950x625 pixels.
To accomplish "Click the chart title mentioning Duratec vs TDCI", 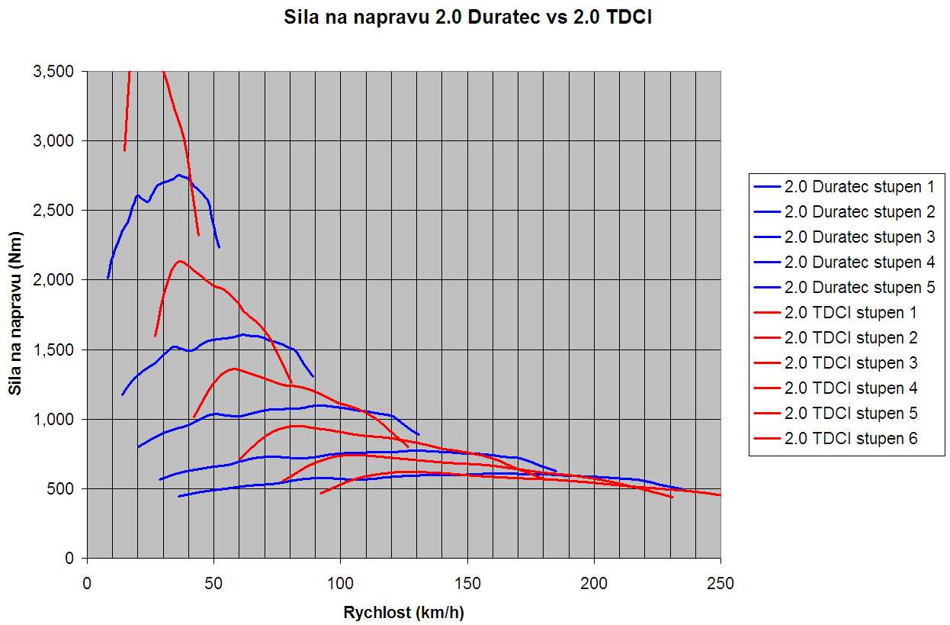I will [467, 18].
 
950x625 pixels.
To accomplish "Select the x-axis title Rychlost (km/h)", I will [403, 612].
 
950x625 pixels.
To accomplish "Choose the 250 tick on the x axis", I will [721, 584].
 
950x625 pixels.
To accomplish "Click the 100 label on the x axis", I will [341, 584].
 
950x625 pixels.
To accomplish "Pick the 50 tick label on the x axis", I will [214, 584].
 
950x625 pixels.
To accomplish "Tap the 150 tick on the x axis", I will [467, 584].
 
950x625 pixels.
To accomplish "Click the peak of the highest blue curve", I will [179, 175].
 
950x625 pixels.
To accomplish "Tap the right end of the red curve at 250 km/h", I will [720, 495].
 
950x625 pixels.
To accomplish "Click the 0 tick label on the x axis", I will [87, 584].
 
